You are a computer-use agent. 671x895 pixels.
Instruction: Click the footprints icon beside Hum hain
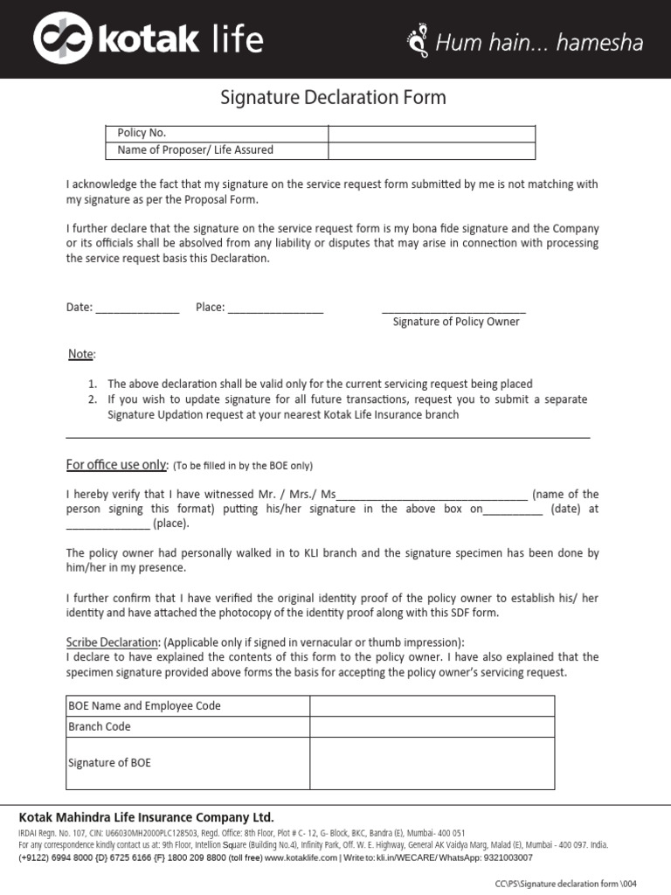click(x=419, y=41)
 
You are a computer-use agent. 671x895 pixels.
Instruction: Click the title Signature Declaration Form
click(x=334, y=98)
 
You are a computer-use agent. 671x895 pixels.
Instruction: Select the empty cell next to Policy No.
click(x=432, y=134)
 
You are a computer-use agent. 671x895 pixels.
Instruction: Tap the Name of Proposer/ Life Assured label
click(x=195, y=150)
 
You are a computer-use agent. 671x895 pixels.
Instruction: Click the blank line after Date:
click(x=136, y=309)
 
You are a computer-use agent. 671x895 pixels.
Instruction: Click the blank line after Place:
click(x=275, y=309)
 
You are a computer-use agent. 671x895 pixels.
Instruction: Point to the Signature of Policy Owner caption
click(x=455, y=323)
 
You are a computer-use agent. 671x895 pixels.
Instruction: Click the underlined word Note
click(x=80, y=354)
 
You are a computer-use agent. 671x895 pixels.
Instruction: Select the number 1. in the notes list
click(x=93, y=385)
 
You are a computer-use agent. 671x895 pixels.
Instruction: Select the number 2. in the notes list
click(x=93, y=399)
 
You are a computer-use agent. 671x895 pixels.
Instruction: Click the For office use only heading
click(x=116, y=465)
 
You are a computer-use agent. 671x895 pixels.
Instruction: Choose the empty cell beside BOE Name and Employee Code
click(x=432, y=706)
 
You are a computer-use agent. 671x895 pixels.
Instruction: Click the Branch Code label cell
click(x=187, y=727)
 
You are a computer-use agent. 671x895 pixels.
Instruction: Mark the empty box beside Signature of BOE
click(x=432, y=763)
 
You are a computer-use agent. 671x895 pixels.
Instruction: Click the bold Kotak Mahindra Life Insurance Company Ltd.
click(x=147, y=818)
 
